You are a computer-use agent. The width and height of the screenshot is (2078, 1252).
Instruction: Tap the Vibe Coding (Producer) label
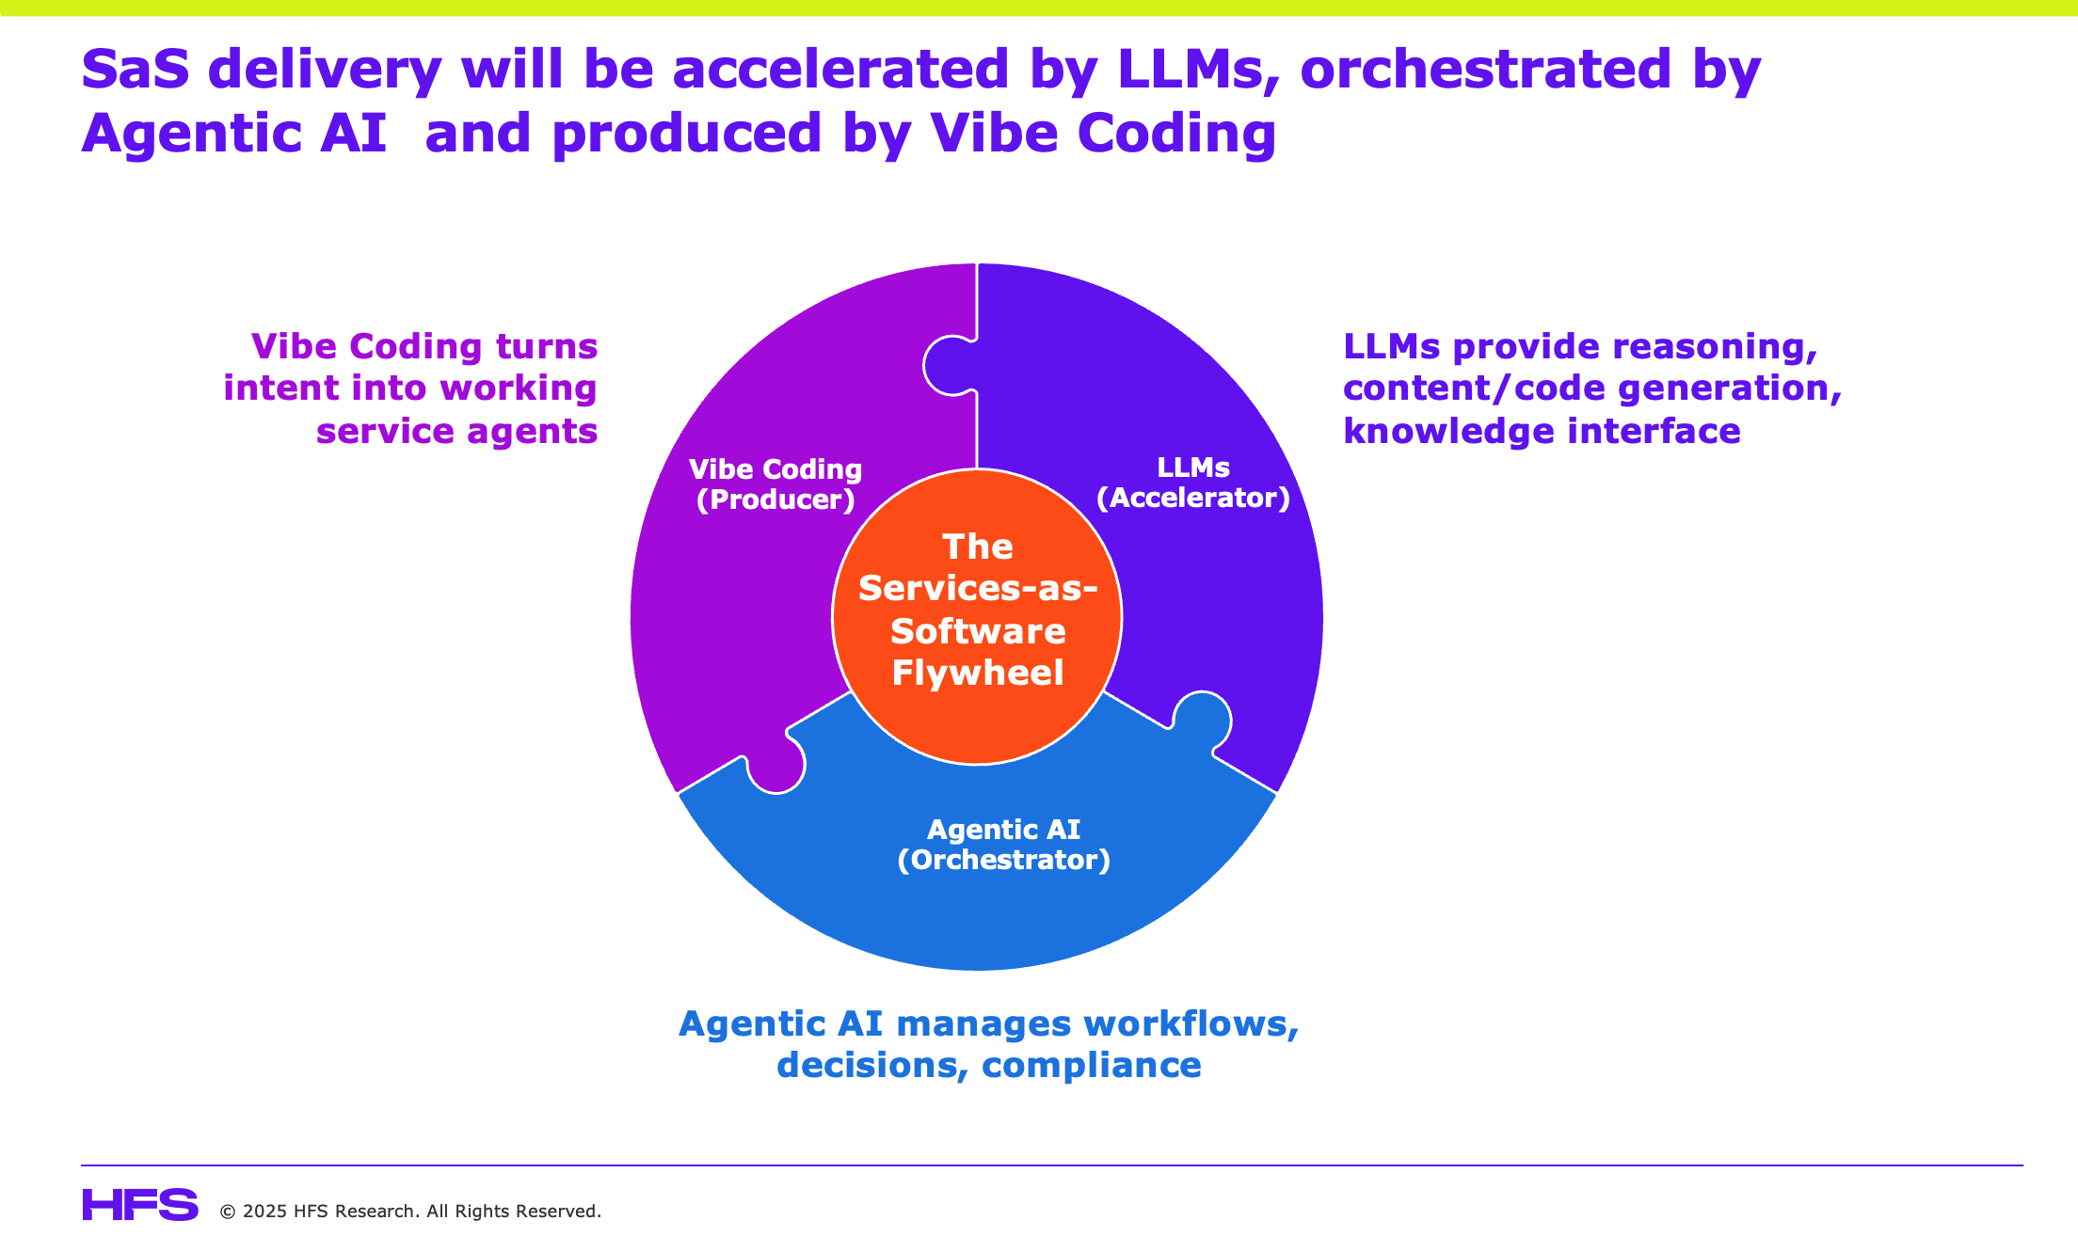(x=775, y=483)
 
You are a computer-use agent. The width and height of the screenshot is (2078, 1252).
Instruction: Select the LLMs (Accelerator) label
(x=1192, y=482)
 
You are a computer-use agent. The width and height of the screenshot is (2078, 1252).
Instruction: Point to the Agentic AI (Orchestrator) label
(x=1003, y=844)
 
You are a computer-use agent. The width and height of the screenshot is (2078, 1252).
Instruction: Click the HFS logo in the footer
(x=140, y=1205)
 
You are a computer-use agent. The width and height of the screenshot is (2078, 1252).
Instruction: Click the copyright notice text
(x=410, y=1211)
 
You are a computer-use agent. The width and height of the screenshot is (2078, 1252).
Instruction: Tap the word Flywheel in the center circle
(x=977, y=673)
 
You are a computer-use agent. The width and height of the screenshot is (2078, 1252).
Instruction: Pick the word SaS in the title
(x=136, y=69)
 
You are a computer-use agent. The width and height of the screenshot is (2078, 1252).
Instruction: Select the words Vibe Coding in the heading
(x=1102, y=133)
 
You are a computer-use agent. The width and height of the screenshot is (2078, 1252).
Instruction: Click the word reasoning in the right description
(x=1714, y=346)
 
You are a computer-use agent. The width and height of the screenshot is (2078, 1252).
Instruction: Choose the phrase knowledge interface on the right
(x=1542, y=431)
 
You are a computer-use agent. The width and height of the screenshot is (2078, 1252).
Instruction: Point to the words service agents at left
(x=456, y=431)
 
